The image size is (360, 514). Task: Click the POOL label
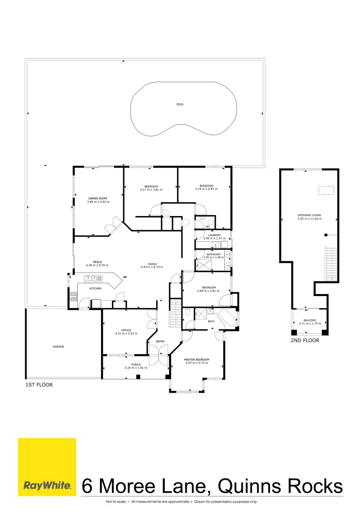[180, 104]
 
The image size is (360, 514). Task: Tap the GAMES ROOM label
[98, 198]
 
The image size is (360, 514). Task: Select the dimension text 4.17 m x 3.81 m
[151, 189]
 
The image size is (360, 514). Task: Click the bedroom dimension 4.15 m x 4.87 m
[206, 189]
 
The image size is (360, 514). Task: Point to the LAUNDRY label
[214, 235]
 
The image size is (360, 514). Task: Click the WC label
[208, 227]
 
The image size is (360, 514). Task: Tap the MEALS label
[97, 261]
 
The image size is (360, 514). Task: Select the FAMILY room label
[152, 264]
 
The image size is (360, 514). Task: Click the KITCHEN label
[95, 288]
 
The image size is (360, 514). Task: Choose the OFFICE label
[126, 330]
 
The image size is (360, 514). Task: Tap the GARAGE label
[58, 346]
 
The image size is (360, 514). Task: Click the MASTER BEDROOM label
[196, 359]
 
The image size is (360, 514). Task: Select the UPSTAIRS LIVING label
[309, 215]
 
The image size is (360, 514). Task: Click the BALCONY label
[309, 321]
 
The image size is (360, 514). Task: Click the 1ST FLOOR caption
[39, 384]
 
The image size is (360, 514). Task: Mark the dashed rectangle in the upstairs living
[326, 190]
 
